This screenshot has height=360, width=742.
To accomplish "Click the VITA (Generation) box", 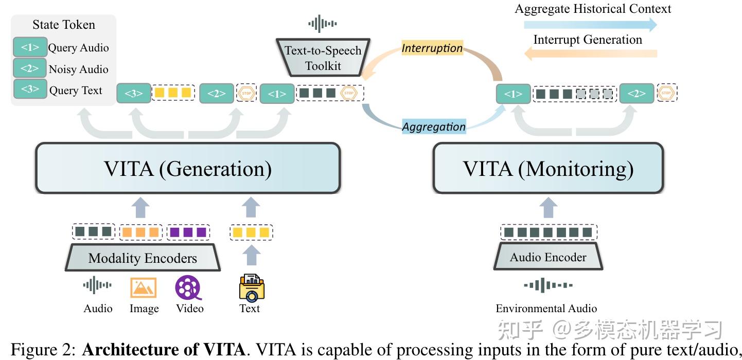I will pyautogui.click(x=187, y=168).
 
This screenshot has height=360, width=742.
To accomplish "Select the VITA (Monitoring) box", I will pyautogui.click(x=547, y=168).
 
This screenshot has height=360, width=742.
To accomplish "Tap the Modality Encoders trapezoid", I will pyautogui.click(x=143, y=258).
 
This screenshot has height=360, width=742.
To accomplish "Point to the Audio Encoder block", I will pyautogui.click(x=548, y=257).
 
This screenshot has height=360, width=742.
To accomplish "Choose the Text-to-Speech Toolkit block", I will pyautogui.click(x=323, y=58).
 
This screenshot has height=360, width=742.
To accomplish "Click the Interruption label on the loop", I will pyautogui.click(x=432, y=48).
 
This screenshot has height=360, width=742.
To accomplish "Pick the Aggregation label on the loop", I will pyautogui.click(x=433, y=127).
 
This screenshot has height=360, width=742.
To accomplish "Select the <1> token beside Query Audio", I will pyautogui.click(x=30, y=47).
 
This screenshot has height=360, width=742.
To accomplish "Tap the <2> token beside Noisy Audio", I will pyautogui.click(x=30, y=68).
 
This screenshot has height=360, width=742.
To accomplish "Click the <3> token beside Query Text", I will pyautogui.click(x=30, y=89).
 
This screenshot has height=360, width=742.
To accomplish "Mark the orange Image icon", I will pyautogui.click(x=143, y=287).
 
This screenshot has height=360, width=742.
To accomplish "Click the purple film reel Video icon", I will pyautogui.click(x=189, y=287).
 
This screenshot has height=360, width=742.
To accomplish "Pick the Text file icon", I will pyautogui.click(x=251, y=287).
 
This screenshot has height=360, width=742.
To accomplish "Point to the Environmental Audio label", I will pyautogui.click(x=546, y=309).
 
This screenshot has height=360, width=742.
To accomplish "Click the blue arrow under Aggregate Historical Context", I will pyautogui.click(x=592, y=24).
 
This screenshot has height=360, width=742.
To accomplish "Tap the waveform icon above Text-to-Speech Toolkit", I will pyautogui.click(x=323, y=23).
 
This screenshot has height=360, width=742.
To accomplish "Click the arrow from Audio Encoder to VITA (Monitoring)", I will pyautogui.click(x=549, y=209).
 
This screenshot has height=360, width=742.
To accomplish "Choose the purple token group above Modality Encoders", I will pyautogui.click(x=188, y=232).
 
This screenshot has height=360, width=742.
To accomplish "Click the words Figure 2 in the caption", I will pyautogui.click(x=44, y=350).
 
